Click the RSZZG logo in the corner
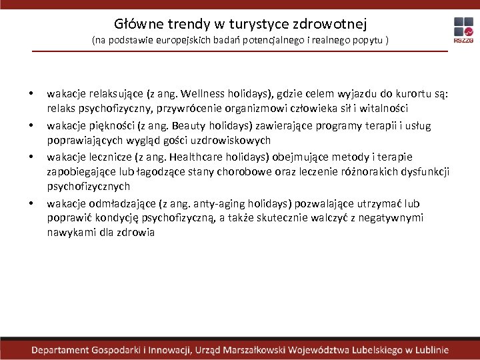click(463, 30)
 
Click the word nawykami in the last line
click(73, 233)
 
